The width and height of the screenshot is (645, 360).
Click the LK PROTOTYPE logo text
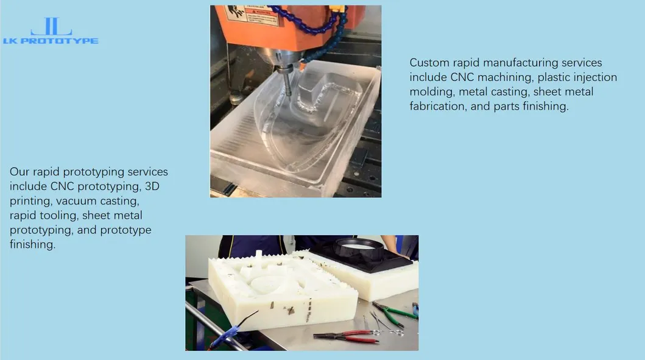[51, 41]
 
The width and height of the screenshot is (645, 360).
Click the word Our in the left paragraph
[19, 172]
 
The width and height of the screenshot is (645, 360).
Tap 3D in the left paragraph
[152, 186]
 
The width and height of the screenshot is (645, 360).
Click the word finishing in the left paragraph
[32, 244]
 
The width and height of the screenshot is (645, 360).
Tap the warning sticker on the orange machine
[258, 16]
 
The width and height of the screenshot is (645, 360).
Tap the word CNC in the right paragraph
[462, 77]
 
